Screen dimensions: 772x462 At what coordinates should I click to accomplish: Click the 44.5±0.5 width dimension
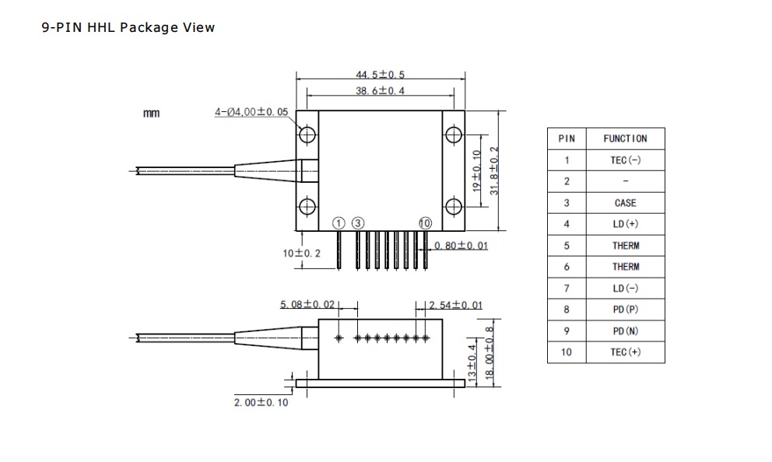380,75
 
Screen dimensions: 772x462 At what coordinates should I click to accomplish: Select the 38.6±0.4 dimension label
380,90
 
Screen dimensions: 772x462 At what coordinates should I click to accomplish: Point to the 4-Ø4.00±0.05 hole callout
251,112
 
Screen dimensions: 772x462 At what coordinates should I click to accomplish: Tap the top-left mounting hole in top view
307,134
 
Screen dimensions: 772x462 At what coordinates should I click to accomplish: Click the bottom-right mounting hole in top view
454,207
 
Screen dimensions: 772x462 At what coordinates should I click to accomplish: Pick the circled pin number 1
339,223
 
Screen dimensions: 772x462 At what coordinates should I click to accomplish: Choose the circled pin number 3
358,223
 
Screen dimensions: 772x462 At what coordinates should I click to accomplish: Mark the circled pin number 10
425,223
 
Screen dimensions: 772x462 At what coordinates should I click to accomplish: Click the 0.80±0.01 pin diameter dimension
461,245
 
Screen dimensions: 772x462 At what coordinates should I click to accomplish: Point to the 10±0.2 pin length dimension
301,254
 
